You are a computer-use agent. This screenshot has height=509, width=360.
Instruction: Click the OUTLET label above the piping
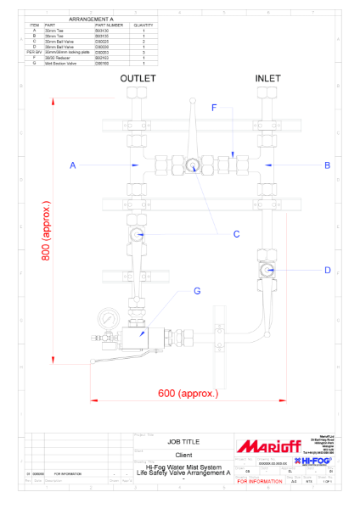(x=138, y=78)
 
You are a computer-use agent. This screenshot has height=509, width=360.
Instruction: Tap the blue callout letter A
(x=73, y=165)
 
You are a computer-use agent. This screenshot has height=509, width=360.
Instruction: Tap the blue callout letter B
(x=327, y=165)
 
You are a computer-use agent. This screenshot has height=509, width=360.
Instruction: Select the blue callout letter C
(x=236, y=233)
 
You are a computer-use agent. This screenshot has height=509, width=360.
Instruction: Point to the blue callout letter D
(x=327, y=271)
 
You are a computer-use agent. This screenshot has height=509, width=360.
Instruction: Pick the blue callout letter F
(x=214, y=108)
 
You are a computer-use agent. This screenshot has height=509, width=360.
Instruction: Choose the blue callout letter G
(x=196, y=291)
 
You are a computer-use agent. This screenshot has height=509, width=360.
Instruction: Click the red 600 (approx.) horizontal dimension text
(x=188, y=393)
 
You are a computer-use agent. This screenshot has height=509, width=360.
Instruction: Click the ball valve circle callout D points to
(x=267, y=271)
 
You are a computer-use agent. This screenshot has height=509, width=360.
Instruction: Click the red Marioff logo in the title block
(x=265, y=445)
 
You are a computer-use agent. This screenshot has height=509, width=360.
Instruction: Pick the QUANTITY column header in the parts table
(x=143, y=25)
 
